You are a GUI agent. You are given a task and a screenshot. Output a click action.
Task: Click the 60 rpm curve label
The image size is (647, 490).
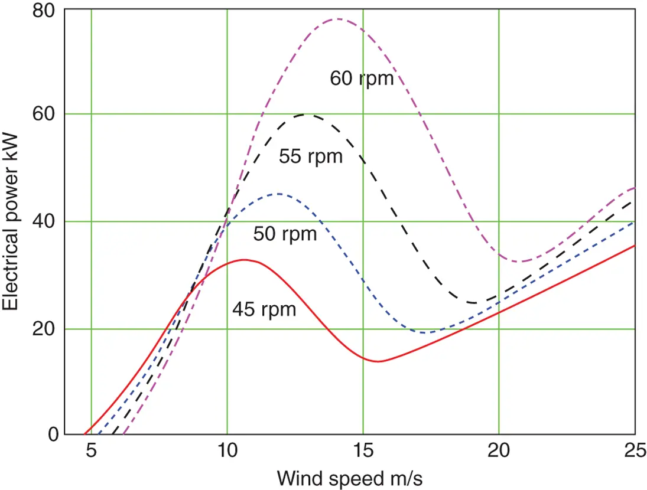point(362,78)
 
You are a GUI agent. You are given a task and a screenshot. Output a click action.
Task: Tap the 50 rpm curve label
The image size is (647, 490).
point(285,234)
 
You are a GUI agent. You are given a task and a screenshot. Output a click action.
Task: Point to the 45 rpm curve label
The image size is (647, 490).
point(264,309)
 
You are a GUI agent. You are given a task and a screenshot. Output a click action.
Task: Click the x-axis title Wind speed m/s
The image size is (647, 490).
point(350,477)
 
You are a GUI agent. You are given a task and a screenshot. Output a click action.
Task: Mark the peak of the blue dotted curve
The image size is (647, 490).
point(278,194)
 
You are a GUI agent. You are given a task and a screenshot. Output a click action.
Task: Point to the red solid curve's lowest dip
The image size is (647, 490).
point(377,361)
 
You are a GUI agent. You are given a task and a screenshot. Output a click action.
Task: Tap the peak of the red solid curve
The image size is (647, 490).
point(243,260)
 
